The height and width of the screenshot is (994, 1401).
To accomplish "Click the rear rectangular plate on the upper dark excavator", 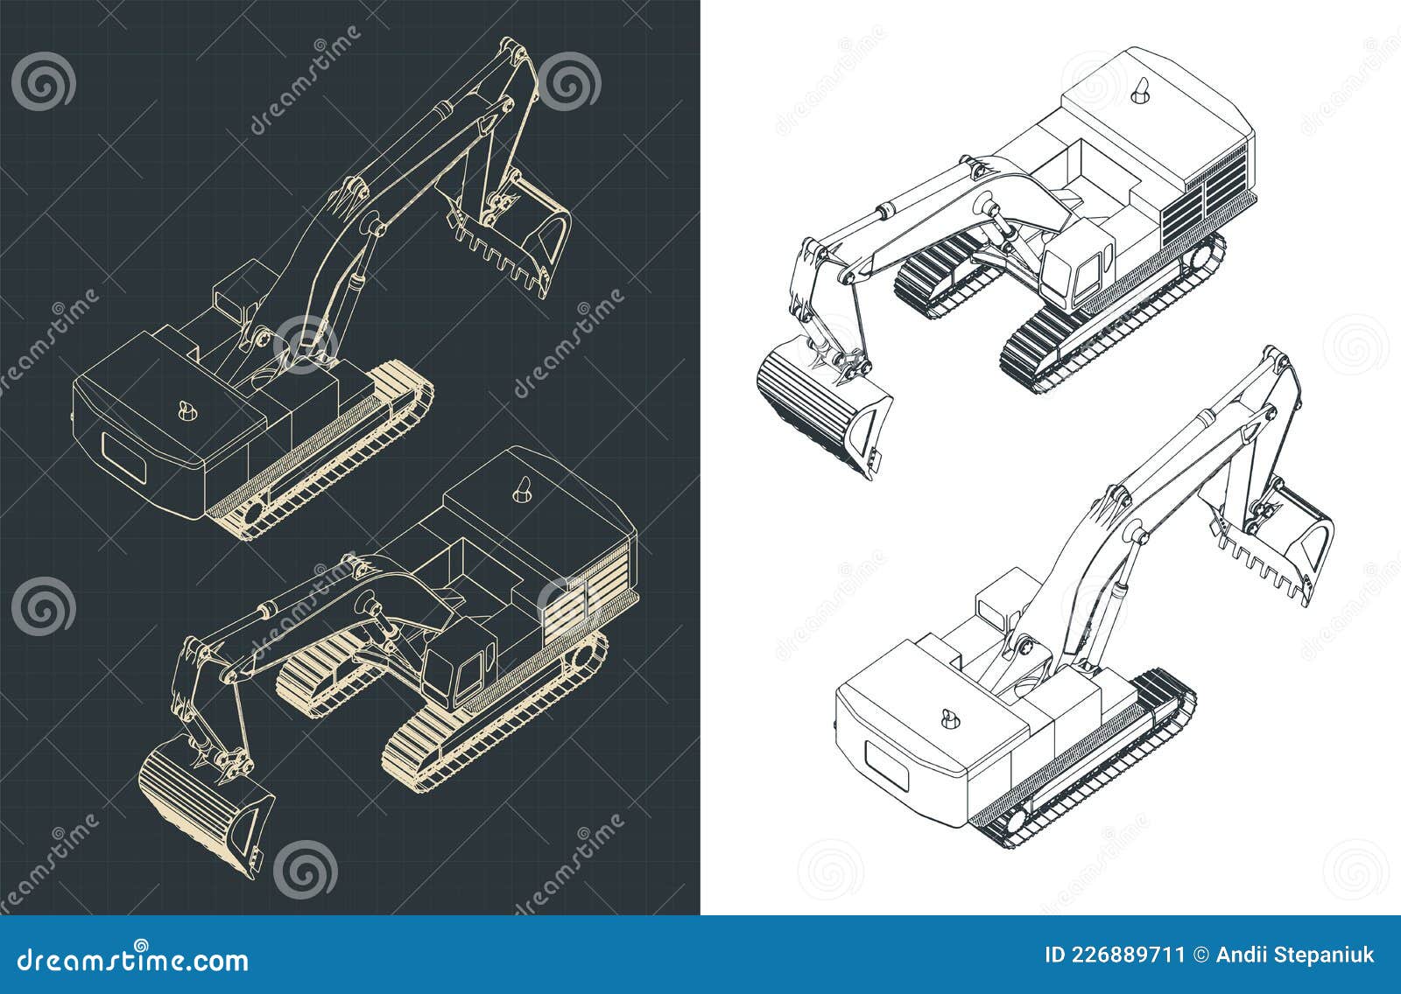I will [122, 456].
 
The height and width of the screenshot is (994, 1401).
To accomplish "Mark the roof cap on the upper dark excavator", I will [187, 410].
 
